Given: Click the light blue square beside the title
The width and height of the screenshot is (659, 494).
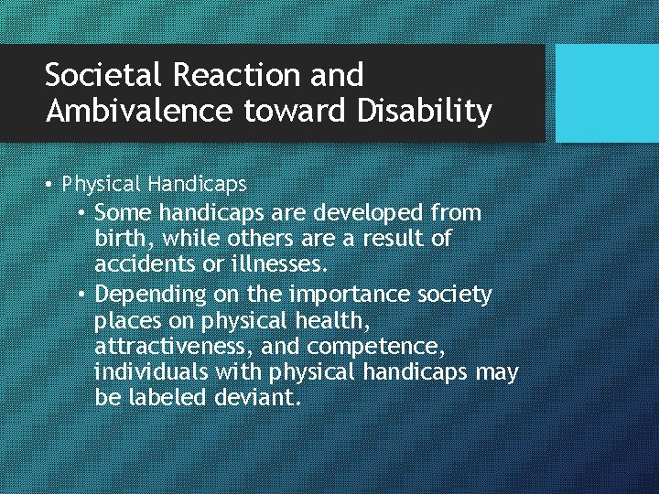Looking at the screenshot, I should tap(608, 93).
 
